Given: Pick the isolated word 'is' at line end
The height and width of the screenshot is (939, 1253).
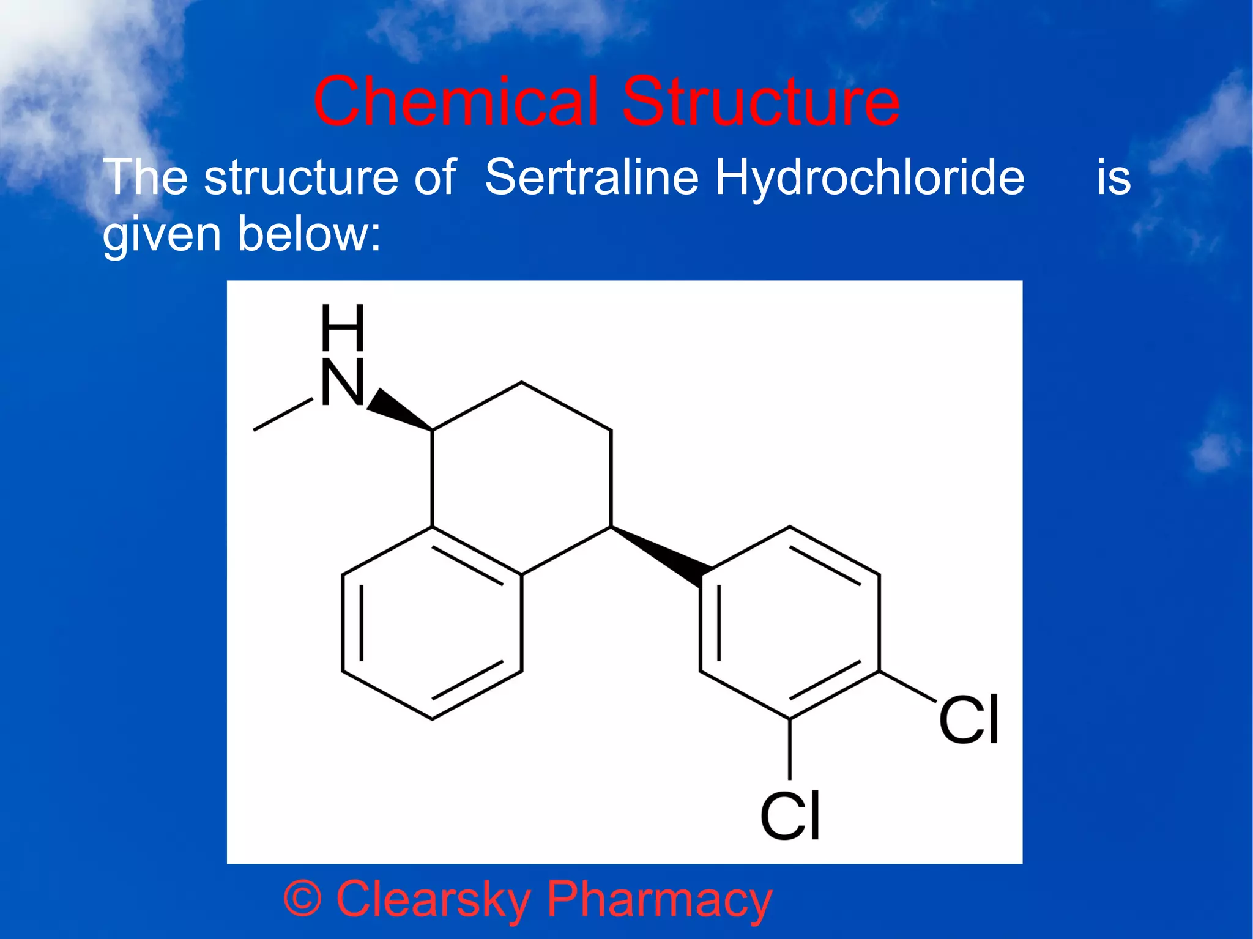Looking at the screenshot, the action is pyautogui.click(x=1114, y=177).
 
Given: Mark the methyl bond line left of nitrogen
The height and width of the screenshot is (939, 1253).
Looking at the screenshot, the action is pyautogui.click(x=283, y=415).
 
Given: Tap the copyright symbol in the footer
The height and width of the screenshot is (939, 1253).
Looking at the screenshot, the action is pyautogui.click(x=302, y=899).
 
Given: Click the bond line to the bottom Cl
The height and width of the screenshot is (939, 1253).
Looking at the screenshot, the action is pyautogui.click(x=790, y=748).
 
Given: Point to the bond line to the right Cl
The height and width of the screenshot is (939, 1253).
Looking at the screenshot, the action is pyautogui.click(x=908, y=686).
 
